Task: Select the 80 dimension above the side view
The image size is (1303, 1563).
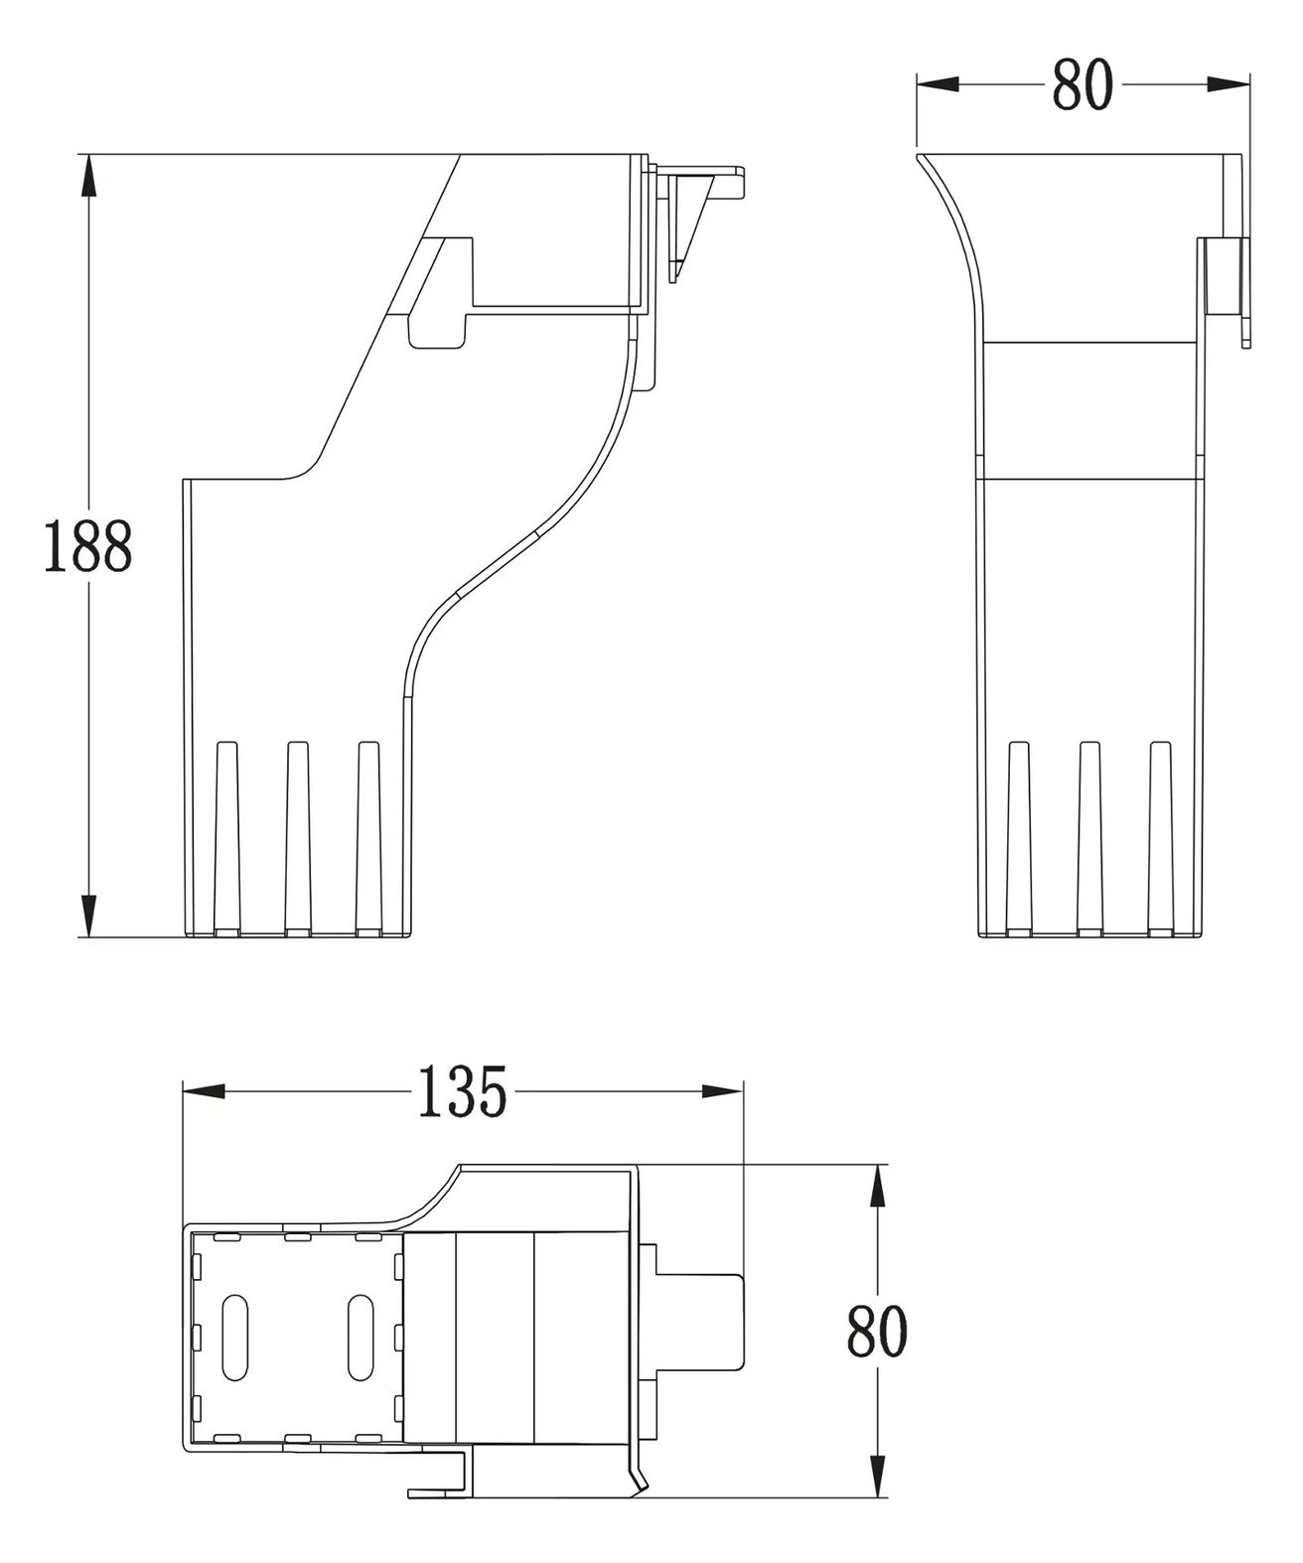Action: pyautogui.click(x=1083, y=84)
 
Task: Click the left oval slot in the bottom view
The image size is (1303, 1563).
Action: pyautogui.click(x=235, y=1338)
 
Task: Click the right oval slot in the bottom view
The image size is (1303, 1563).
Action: pyautogui.click(x=361, y=1338)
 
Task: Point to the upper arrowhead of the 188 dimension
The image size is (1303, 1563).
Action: pyautogui.click(x=88, y=175)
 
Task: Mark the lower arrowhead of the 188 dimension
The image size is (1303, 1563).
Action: pyautogui.click(x=88, y=916)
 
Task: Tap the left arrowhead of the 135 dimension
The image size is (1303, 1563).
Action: pyautogui.click(x=205, y=1091)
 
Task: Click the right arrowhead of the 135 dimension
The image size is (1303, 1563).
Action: pyautogui.click(x=721, y=1091)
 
